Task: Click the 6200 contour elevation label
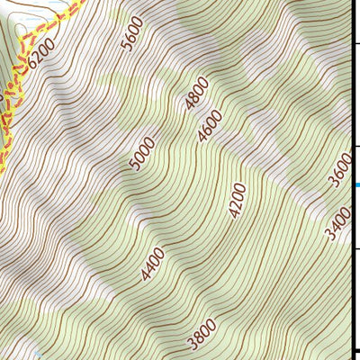pos(42,52)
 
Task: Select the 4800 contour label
pos(196,94)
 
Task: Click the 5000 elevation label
pos(142,153)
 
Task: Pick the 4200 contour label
pos(237,201)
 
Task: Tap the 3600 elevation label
pos(340,170)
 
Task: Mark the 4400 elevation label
pos(152,265)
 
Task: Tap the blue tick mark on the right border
pos(356,184)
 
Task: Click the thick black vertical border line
pos(352,270)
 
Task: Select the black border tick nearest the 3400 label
pos(356,243)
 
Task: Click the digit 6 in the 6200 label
pos(32,63)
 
